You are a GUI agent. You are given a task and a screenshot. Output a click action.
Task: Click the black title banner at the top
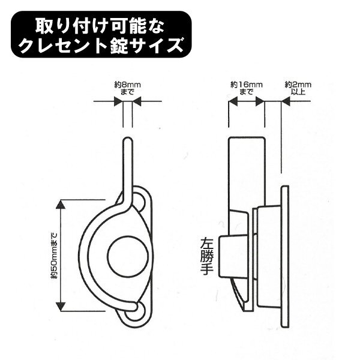pyautogui.click(x=101, y=34)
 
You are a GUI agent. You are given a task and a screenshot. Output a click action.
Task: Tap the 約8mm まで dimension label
pyautogui.click(x=127, y=88)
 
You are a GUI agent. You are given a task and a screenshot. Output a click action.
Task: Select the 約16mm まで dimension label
pyautogui.click(x=247, y=88)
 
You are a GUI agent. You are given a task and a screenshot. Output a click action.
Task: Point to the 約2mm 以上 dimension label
pyautogui.click(x=298, y=88)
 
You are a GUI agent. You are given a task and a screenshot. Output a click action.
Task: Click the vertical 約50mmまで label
pyautogui.click(x=55, y=256)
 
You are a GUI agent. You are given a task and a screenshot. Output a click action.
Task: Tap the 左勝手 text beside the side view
pyautogui.click(x=207, y=256)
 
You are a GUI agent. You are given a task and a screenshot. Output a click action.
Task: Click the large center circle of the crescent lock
pyautogui.click(x=128, y=256)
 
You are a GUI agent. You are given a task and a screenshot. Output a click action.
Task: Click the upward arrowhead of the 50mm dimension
pyautogui.click(x=61, y=205)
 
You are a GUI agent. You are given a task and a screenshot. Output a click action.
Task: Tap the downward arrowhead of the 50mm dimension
pyautogui.click(x=61, y=307)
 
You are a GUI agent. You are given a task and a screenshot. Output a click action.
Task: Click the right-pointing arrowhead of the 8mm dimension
pyautogui.click(x=118, y=101)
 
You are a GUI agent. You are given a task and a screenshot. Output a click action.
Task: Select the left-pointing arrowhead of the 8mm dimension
pyautogui.click(x=137, y=101)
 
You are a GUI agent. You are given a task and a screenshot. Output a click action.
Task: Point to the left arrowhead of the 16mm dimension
pyautogui.click(x=233, y=101)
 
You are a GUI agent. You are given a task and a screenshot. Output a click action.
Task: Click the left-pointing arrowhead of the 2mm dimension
pyautogui.click(x=286, y=101)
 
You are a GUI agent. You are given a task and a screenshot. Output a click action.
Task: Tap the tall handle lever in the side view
pyautogui.click(x=247, y=175)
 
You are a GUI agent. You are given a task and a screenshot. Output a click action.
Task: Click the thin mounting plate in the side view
pyautogui.click(x=284, y=257)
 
